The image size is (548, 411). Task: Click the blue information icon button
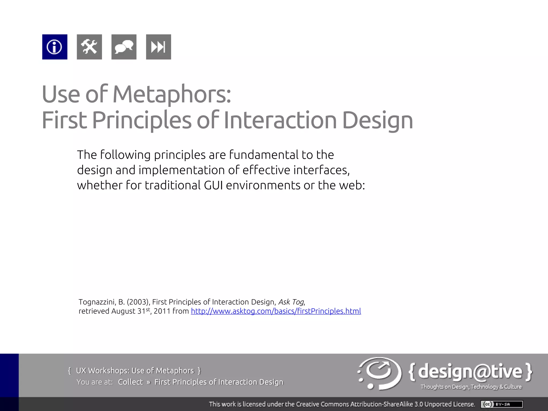click(x=55, y=47)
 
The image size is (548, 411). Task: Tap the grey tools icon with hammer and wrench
click(x=89, y=47)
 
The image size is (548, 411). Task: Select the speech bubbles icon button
click(x=124, y=47)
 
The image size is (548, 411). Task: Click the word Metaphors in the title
click(x=171, y=94)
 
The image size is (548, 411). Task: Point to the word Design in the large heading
click(x=377, y=120)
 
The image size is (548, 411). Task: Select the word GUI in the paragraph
click(x=213, y=185)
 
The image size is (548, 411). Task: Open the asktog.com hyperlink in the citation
click(x=276, y=311)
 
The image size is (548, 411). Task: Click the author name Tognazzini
click(x=97, y=302)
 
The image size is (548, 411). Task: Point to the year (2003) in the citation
click(x=138, y=302)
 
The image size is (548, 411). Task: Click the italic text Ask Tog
click(x=291, y=302)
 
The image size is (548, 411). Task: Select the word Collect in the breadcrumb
click(x=131, y=382)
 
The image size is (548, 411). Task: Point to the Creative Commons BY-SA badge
click(x=502, y=404)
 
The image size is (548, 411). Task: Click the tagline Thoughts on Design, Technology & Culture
click(x=471, y=387)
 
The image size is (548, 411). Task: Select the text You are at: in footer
click(x=94, y=382)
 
